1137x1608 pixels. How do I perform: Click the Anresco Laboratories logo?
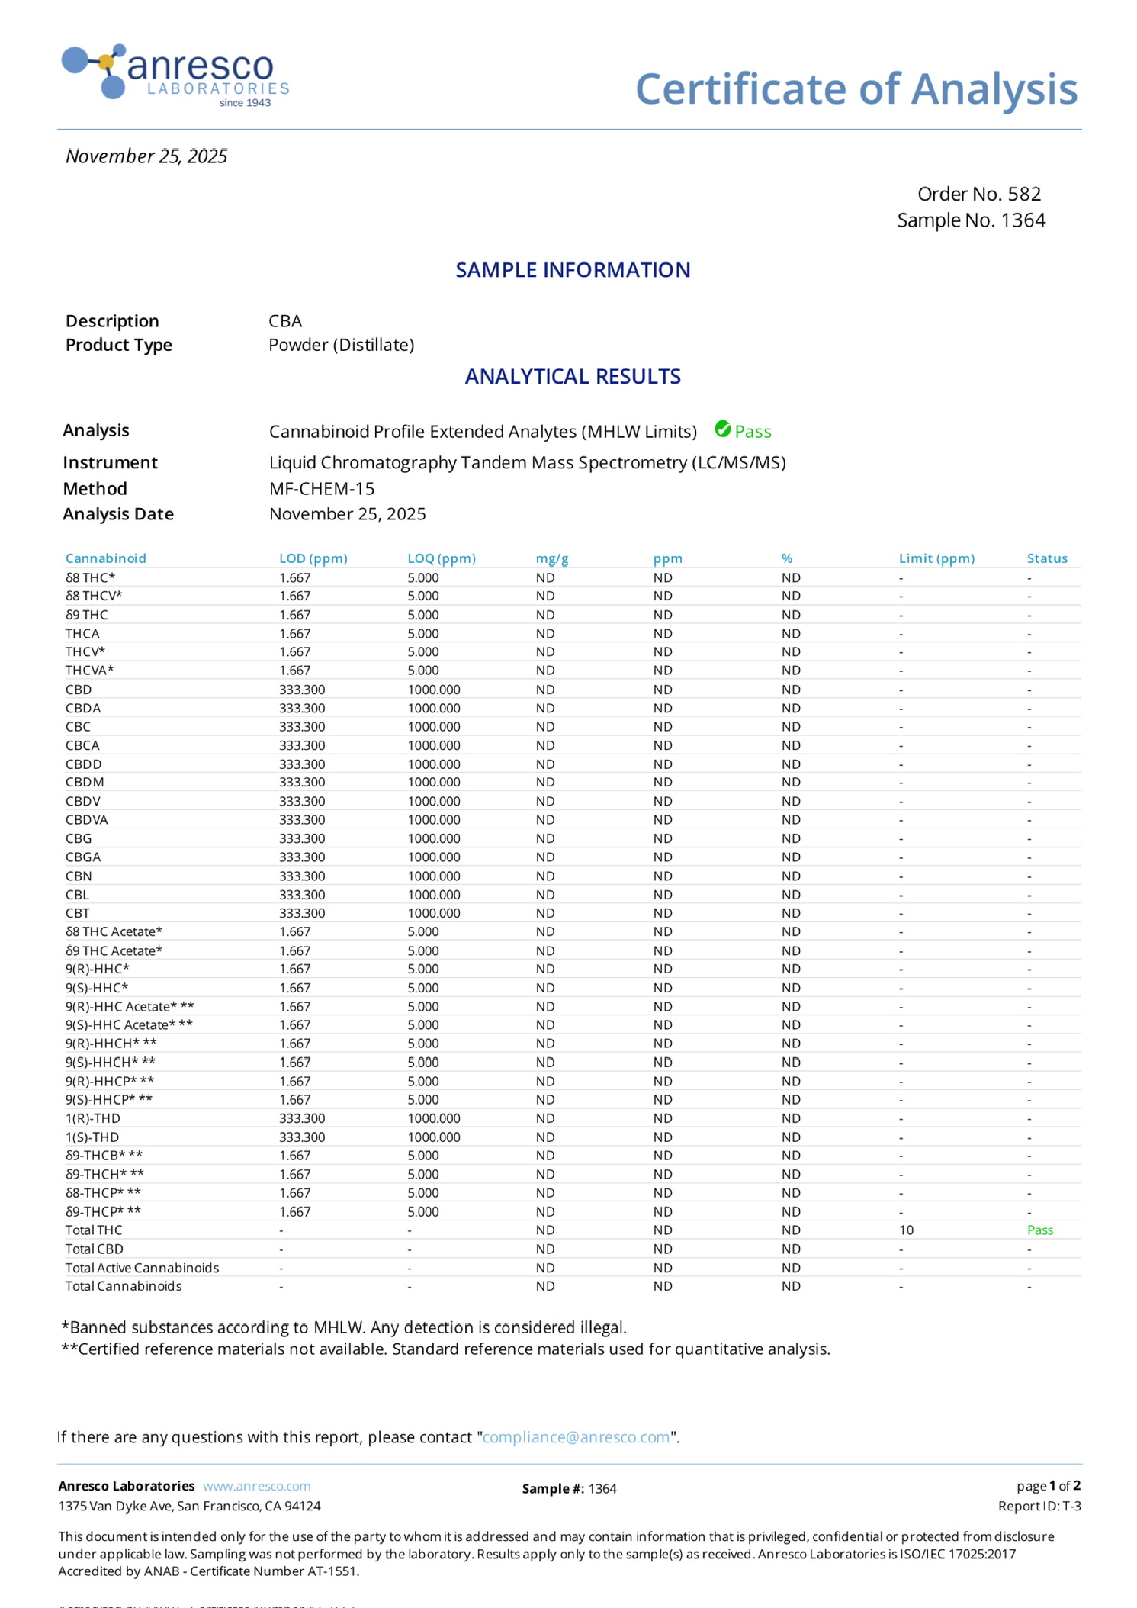coord(175,76)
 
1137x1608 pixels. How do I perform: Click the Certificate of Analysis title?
coord(856,88)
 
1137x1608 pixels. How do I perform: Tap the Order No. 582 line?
coord(978,194)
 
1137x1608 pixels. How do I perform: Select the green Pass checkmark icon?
coord(722,429)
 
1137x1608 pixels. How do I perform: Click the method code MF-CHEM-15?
coord(322,488)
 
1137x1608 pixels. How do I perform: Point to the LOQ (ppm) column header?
coord(441,558)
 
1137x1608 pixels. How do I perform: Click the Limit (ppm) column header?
coord(936,558)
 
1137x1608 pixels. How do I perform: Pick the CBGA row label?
coord(83,857)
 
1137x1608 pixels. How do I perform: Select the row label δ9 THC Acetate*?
coord(114,950)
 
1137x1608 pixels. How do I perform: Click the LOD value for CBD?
coord(302,690)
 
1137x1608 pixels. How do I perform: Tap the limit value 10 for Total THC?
coord(906,1230)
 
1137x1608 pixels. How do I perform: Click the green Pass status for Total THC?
coord(1039,1230)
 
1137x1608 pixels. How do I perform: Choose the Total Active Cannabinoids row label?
coord(142,1267)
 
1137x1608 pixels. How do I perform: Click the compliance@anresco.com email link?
coord(576,1437)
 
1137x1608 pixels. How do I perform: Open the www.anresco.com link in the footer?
coord(256,1486)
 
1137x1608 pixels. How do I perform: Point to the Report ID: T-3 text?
coord(1039,1506)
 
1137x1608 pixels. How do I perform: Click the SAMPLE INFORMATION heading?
coord(573,270)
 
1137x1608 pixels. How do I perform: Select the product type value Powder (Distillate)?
coord(341,345)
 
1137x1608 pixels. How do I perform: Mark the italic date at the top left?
coord(146,156)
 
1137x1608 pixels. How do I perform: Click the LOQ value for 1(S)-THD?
coord(433,1137)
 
